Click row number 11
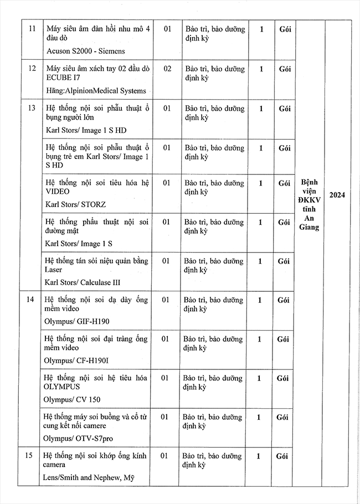pyautogui.click(x=32, y=29)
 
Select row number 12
pyautogui.click(x=32, y=69)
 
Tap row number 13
pyautogui.click(x=32, y=108)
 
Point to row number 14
pyautogui.click(x=32, y=299)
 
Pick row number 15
pyautogui.click(x=32, y=456)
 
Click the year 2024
pyautogui.click(x=337, y=194)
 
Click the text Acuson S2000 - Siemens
pyautogui.click(x=85, y=51)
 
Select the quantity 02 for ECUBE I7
pyautogui.click(x=167, y=69)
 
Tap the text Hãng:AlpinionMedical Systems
pyautogui.click(x=95, y=91)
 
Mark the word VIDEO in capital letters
pyautogui.click(x=57, y=192)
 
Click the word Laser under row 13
pyautogui.click(x=54, y=270)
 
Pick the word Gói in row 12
pyautogui.click(x=284, y=69)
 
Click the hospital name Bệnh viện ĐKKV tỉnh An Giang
pyautogui.click(x=309, y=204)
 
